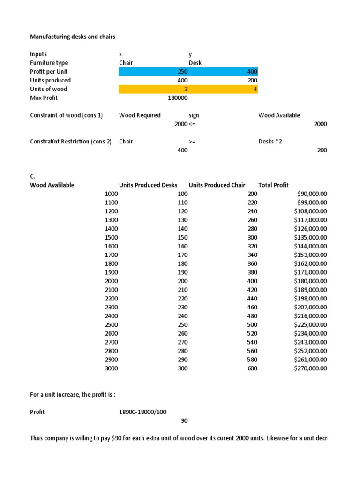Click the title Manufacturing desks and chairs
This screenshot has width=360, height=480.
pos(73,37)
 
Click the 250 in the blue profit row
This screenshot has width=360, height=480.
pos(182,72)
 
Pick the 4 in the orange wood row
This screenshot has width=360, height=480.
pos(255,89)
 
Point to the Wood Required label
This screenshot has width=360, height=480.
pos(140,115)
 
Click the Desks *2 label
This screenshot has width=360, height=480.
pos(270,142)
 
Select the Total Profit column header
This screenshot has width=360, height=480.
pos(273,185)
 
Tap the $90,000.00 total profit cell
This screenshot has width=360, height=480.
pos(312,194)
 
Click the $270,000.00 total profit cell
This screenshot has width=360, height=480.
pos(310,368)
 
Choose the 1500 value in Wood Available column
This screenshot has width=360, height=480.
pos(112,237)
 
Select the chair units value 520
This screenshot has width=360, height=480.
pos(252,334)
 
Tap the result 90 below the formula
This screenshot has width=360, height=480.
pos(184,421)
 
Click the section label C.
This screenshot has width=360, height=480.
pos(33,176)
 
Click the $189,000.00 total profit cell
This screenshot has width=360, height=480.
pos(310,290)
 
